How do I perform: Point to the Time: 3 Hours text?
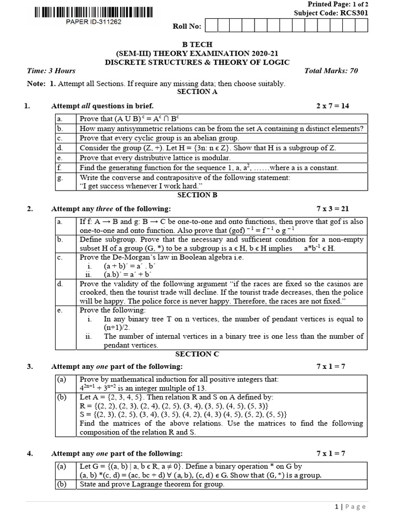(51, 71)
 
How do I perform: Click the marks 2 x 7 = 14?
(333, 105)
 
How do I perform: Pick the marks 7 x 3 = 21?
(333, 209)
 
